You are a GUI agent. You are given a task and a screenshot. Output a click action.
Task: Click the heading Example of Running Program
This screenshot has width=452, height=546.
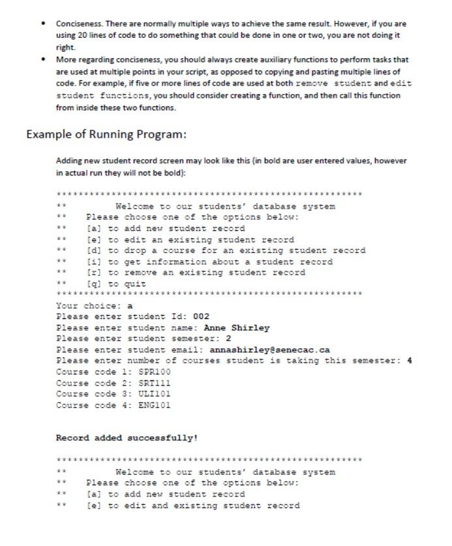(x=106, y=135)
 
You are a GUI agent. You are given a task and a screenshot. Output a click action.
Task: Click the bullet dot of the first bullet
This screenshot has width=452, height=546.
(x=43, y=23)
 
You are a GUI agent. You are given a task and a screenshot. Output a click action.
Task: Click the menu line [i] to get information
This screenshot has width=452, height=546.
(x=209, y=262)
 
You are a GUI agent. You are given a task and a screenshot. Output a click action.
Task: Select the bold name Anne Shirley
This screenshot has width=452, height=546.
(x=236, y=327)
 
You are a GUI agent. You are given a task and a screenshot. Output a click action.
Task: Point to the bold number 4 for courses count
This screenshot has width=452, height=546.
(x=409, y=361)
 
